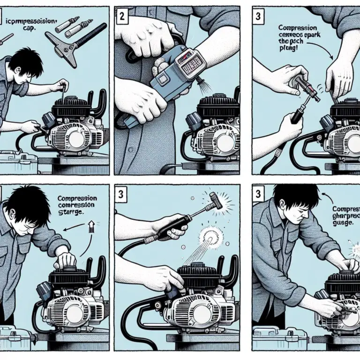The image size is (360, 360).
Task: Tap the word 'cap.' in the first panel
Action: [x=30, y=29]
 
